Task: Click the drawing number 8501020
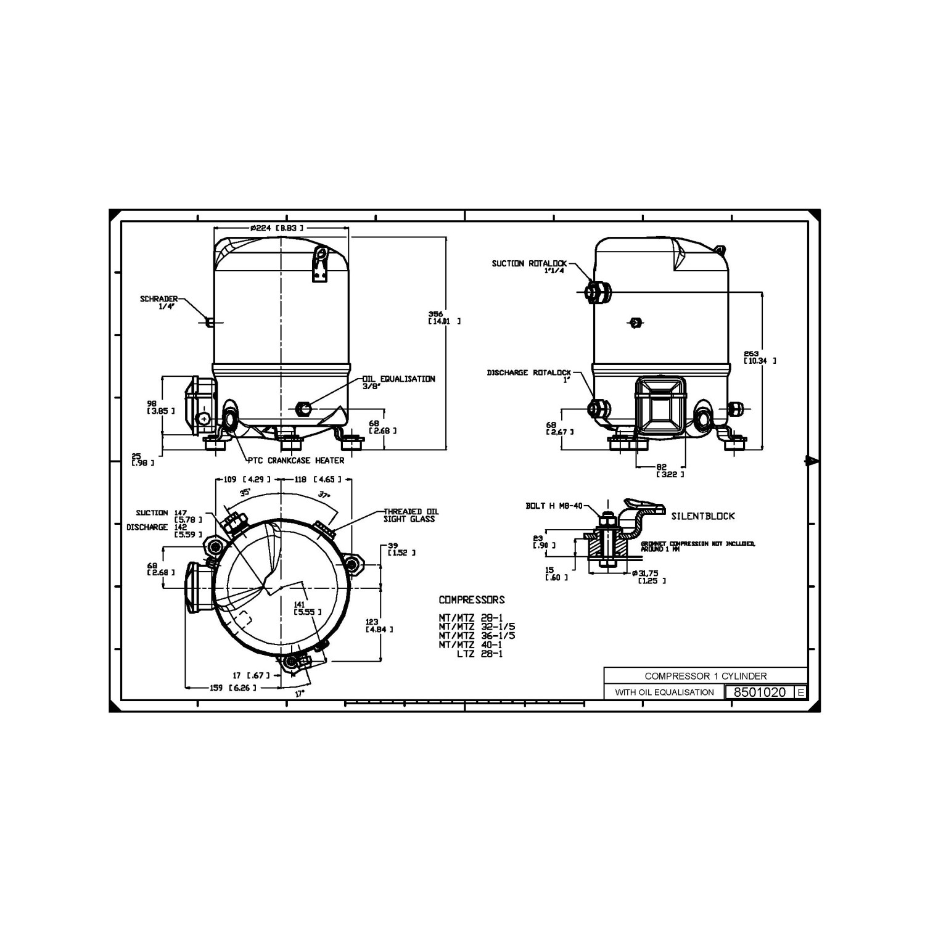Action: pyautogui.click(x=759, y=692)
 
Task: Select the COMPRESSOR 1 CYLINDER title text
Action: pyautogui.click(x=705, y=676)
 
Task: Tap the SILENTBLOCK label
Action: pyautogui.click(x=703, y=516)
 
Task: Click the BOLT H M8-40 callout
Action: pyautogui.click(x=554, y=506)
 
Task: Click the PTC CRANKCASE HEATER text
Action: pyautogui.click(x=296, y=460)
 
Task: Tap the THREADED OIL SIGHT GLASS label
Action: pyautogui.click(x=411, y=515)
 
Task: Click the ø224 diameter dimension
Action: pyautogui.click(x=276, y=228)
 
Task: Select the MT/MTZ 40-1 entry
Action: pyautogui.click(x=471, y=644)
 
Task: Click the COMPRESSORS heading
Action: pyautogui.click(x=471, y=599)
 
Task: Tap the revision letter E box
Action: pyautogui.click(x=800, y=692)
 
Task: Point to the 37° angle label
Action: pyautogui.click(x=324, y=494)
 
